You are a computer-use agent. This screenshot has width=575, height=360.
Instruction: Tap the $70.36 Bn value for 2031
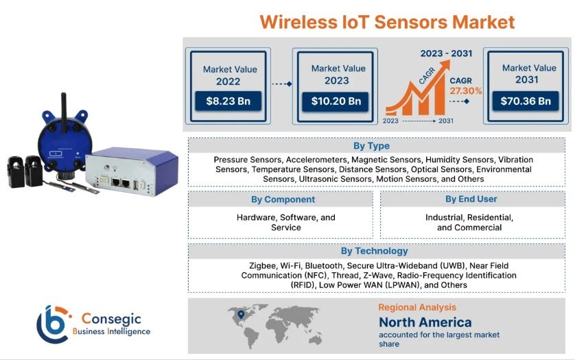(526, 101)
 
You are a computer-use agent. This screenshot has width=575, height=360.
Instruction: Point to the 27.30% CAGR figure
(466, 91)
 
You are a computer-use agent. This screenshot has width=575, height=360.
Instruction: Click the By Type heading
(371, 145)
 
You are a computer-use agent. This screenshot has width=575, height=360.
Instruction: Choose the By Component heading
(283, 200)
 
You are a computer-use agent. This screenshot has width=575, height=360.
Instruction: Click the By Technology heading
(374, 251)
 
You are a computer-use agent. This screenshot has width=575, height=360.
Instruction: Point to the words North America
(425, 322)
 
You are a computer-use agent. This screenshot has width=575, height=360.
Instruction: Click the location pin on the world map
(240, 315)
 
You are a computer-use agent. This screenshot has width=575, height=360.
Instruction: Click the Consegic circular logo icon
(55, 324)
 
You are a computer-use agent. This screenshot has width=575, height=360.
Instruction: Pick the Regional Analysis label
(417, 307)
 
